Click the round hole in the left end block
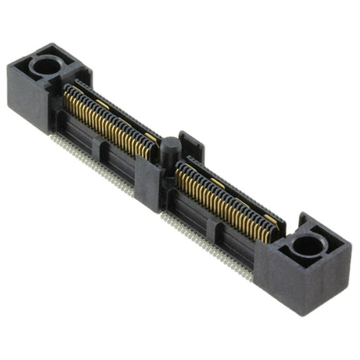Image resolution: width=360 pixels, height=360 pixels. click(x=45, y=64)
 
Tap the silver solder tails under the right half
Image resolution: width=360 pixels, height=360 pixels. click(x=206, y=244)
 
